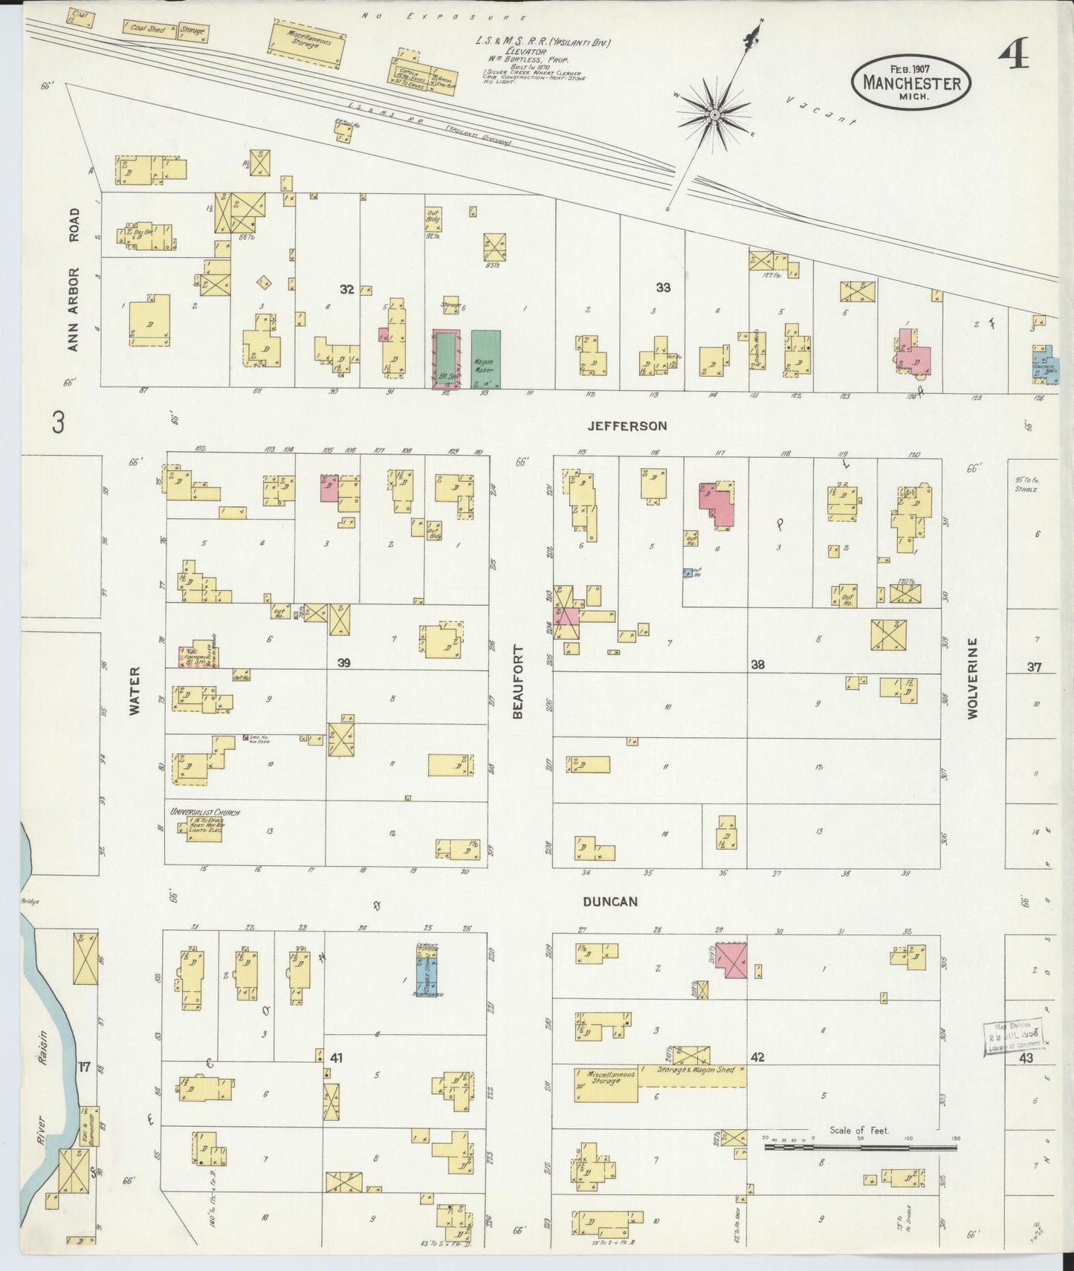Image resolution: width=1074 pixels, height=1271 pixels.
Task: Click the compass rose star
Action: tap(714, 114)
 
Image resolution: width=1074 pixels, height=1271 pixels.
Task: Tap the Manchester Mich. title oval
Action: tap(911, 83)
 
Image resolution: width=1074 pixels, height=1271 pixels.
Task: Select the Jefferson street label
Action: tap(627, 426)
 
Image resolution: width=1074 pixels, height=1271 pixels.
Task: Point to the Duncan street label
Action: tap(610, 902)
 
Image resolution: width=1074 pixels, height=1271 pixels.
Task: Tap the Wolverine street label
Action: tap(972, 688)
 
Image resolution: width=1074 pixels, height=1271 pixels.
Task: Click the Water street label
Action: tap(135, 700)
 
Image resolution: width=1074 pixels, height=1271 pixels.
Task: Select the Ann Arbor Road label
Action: tap(73, 279)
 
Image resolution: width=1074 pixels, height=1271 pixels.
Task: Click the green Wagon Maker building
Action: tap(485, 358)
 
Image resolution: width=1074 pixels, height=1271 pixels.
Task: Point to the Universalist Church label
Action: tap(204, 812)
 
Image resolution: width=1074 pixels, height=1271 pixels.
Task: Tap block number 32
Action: tap(347, 289)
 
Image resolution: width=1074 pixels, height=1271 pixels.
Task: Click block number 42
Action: tap(757, 1057)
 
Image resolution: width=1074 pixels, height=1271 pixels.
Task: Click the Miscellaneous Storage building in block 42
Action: tap(606, 1084)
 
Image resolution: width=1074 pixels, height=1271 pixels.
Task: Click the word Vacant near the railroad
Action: tap(821, 111)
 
